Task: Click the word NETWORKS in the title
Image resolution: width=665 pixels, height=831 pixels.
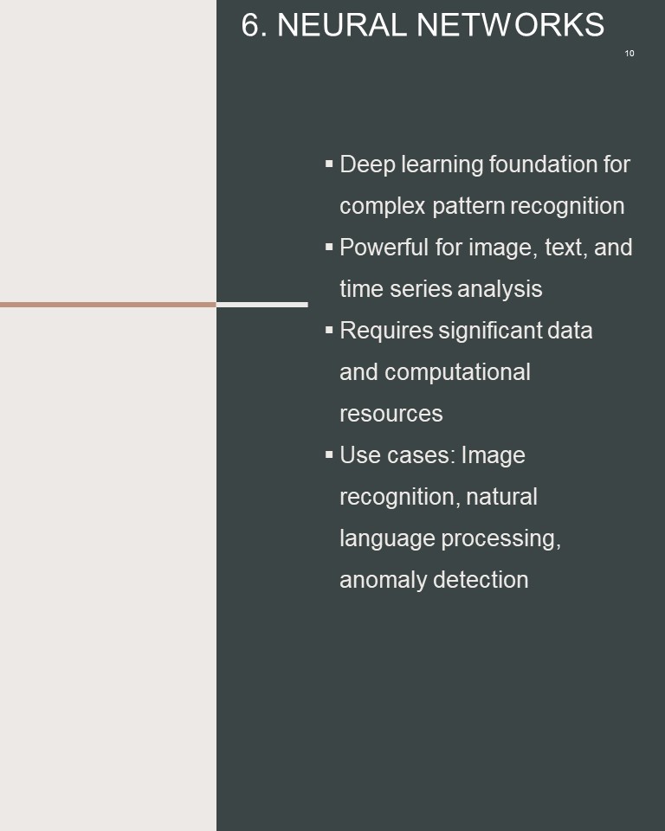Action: pyautogui.click(x=510, y=25)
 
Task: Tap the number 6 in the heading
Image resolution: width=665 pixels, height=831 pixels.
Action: pyautogui.click(x=251, y=25)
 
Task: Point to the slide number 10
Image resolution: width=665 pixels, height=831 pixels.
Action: pyautogui.click(x=629, y=54)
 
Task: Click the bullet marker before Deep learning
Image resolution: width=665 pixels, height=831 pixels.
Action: pyautogui.click(x=329, y=164)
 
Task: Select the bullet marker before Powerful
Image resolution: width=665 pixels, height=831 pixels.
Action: pyautogui.click(x=329, y=247)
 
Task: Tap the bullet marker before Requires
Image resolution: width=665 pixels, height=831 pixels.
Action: pyautogui.click(x=329, y=330)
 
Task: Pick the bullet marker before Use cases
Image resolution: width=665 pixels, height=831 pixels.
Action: pyautogui.click(x=329, y=454)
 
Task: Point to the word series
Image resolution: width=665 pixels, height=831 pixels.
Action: pyautogui.click(x=421, y=289)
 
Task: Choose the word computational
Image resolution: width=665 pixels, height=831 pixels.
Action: pyautogui.click(x=457, y=372)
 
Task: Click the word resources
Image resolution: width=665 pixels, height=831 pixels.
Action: pyautogui.click(x=391, y=415)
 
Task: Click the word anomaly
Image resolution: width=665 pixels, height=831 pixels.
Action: pyautogui.click(x=383, y=580)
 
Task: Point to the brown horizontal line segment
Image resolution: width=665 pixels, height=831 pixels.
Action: pyautogui.click(x=108, y=305)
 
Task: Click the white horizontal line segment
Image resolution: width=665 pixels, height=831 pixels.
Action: pyautogui.click(x=262, y=305)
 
